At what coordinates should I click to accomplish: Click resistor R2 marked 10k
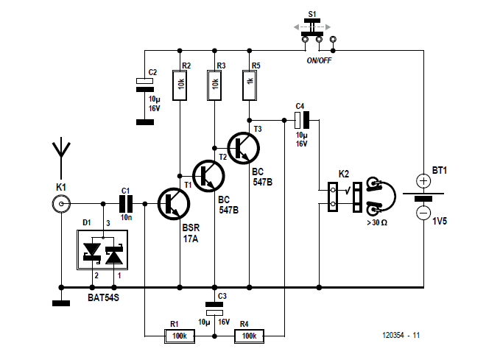180,85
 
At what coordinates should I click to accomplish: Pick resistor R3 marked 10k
214,85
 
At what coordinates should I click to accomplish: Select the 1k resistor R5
250,85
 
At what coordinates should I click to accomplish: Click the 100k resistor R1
180,336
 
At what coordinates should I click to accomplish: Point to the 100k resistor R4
250,336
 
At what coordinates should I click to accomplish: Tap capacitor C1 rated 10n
126,204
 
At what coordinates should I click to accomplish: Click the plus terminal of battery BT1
423,181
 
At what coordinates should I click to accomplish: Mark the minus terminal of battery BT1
423,213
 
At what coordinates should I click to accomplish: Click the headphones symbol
381,196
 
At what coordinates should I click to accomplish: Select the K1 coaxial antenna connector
61,204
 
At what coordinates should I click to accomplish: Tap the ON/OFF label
319,60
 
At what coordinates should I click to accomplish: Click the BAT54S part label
103,298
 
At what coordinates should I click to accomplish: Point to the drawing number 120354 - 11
401,335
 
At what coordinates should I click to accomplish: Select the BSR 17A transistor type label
191,233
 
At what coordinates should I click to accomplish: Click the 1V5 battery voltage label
440,221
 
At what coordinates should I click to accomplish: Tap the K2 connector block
333,197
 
